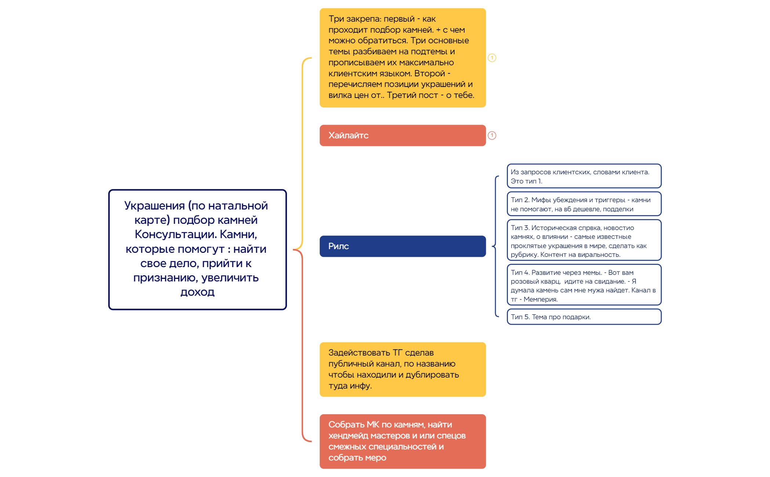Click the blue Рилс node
(x=402, y=246)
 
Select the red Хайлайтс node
(x=402, y=135)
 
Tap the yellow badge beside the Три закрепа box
(x=492, y=58)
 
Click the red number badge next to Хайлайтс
(x=492, y=136)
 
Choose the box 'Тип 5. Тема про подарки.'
(x=584, y=317)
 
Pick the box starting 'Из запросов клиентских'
(x=584, y=176)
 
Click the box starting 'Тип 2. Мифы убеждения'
(x=584, y=204)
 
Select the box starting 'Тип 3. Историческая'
(x=584, y=241)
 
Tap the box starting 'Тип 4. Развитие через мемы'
(x=584, y=285)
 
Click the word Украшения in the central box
(x=155, y=206)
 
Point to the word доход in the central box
(x=197, y=292)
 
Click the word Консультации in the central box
(x=175, y=234)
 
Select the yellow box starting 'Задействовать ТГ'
(x=402, y=369)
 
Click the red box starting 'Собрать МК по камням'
(x=402, y=441)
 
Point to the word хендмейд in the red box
(x=348, y=436)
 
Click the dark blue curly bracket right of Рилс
(x=495, y=246)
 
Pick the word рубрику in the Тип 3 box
(x=524, y=255)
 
